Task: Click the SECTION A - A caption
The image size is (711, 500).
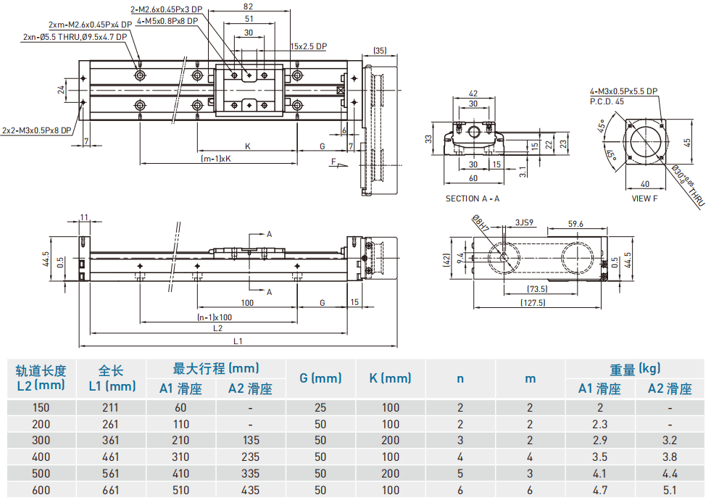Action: point(473,198)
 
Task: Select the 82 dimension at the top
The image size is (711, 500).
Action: point(249,5)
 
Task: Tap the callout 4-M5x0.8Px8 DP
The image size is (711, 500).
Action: point(167,22)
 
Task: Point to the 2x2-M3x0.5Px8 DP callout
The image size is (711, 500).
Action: point(36,131)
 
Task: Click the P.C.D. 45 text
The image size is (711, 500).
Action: point(607,101)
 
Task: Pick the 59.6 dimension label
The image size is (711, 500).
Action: point(576,224)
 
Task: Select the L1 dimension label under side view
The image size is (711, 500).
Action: point(238,341)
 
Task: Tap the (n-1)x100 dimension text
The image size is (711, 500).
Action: point(215,317)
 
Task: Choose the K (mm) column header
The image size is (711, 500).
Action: point(390,378)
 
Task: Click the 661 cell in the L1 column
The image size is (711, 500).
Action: point(111,490)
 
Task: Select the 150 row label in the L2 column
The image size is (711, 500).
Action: point(41,407)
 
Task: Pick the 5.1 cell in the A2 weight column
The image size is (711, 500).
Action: point(670,490)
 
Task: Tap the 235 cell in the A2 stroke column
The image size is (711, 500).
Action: point(250,457)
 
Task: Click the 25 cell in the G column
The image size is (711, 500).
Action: point(320,407)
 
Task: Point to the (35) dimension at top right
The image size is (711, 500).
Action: point(380,51)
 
